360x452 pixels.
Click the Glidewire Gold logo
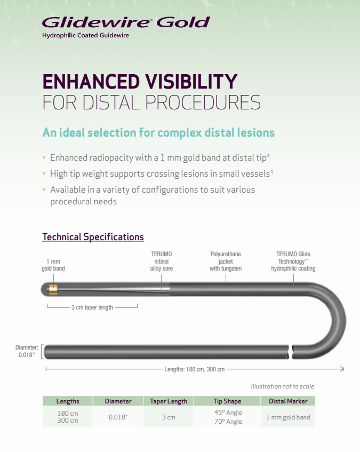point(126,22)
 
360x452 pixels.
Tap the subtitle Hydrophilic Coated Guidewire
point(85,35)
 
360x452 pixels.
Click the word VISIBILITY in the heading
point(191,82)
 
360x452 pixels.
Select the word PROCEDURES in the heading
point(203,102)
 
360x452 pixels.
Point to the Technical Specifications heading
point(93,237)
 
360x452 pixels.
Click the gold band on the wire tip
point(53,290)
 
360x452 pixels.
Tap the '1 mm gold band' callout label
point(53,265)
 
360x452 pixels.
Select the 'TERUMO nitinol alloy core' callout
point(161,261)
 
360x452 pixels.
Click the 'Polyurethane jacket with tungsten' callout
point(226,261)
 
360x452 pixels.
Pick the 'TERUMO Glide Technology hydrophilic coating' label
point(293,261)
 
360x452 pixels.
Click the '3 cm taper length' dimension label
point(92,307)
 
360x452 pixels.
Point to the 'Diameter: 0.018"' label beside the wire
point(27,351)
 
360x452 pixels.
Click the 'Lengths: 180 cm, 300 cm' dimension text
point(194,369)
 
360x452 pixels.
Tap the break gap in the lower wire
point(290,352)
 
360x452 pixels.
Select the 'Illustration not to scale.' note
point(283,386)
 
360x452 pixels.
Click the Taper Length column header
point(169,401)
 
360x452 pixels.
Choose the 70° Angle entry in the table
point(228,422)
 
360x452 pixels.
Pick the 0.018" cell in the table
point(118,417)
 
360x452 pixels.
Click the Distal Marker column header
point(288,401)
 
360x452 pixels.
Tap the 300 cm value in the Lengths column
point(67,421)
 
